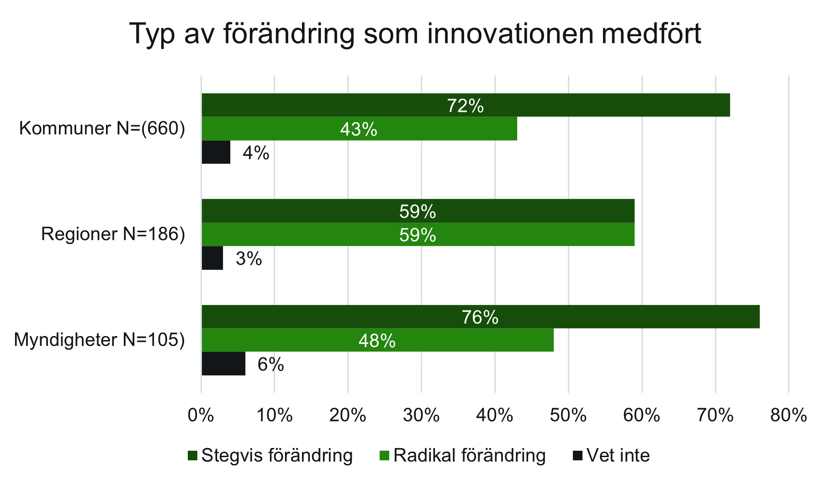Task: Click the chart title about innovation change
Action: click(x=415, y=34)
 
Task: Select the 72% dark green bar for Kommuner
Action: click(x=466, y=105)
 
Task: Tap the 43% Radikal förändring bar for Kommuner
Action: click(x=359, y=129)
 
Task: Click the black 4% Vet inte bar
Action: click(x=216, y=152)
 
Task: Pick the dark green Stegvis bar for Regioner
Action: click(x=418, y=211)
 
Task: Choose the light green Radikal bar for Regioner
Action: click(x=418, y=235)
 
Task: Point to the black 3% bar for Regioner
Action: click(x=212, y=258)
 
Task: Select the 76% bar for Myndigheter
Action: click(x=480, y=317)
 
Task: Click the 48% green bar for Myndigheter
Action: click(x=377, y=341)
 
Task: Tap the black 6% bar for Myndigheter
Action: click(x=223, y=364)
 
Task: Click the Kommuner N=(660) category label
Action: click(x=102, y=129)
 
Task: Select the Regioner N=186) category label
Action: click(x=113, y=235)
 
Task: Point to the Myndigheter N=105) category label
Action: click(x=99, y=341)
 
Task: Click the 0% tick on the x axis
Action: click(x=201, y=416)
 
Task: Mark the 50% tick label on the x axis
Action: click(x=568, y=416)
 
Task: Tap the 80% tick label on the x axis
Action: click(x=789, y=416)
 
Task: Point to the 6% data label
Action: click(x=271, y=365)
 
